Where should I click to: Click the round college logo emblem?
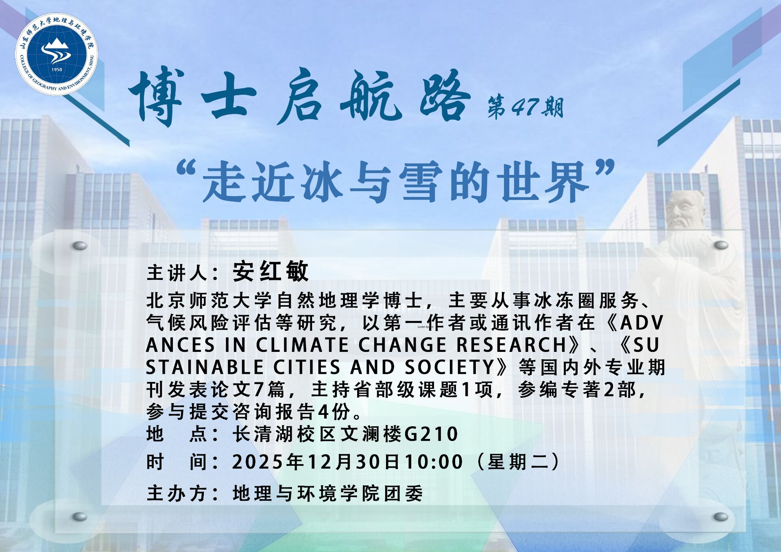tap(57, 54)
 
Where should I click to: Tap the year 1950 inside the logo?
tap(57, 69)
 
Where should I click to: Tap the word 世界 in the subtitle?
tap(545, 181)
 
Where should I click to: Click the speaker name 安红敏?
tap(271, 271)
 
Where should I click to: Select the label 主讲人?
tap(177, 273)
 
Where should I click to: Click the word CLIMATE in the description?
tap(302, 345)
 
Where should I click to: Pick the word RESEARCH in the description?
tap(511, 345)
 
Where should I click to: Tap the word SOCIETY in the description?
tap(449, 367)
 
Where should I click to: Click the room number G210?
tap(431, 434)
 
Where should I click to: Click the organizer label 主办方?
tap(177, 493)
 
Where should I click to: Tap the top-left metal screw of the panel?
tap(80, 246)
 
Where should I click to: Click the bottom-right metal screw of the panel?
tap(721, 517)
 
